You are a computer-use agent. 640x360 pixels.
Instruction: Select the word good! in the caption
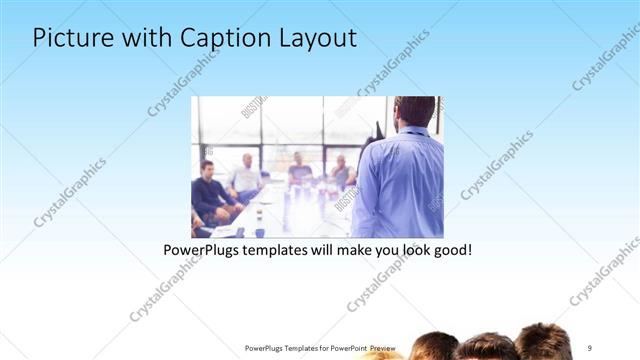tap(451, 249)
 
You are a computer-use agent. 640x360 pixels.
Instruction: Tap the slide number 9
tap(590, 348)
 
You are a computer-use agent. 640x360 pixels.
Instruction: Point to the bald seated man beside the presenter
tap(341, 171)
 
